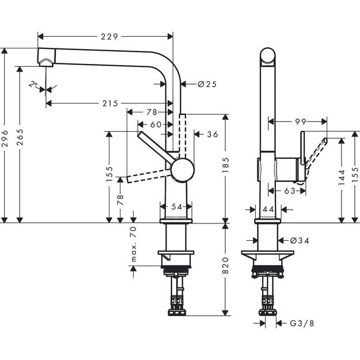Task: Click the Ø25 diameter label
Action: (x=206, y=84)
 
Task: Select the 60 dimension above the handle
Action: (x=156, y=124)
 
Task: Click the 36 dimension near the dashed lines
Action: (x=212, y=134)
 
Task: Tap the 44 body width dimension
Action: (x=267, y=210)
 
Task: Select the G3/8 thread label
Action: (x=302, y=324)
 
